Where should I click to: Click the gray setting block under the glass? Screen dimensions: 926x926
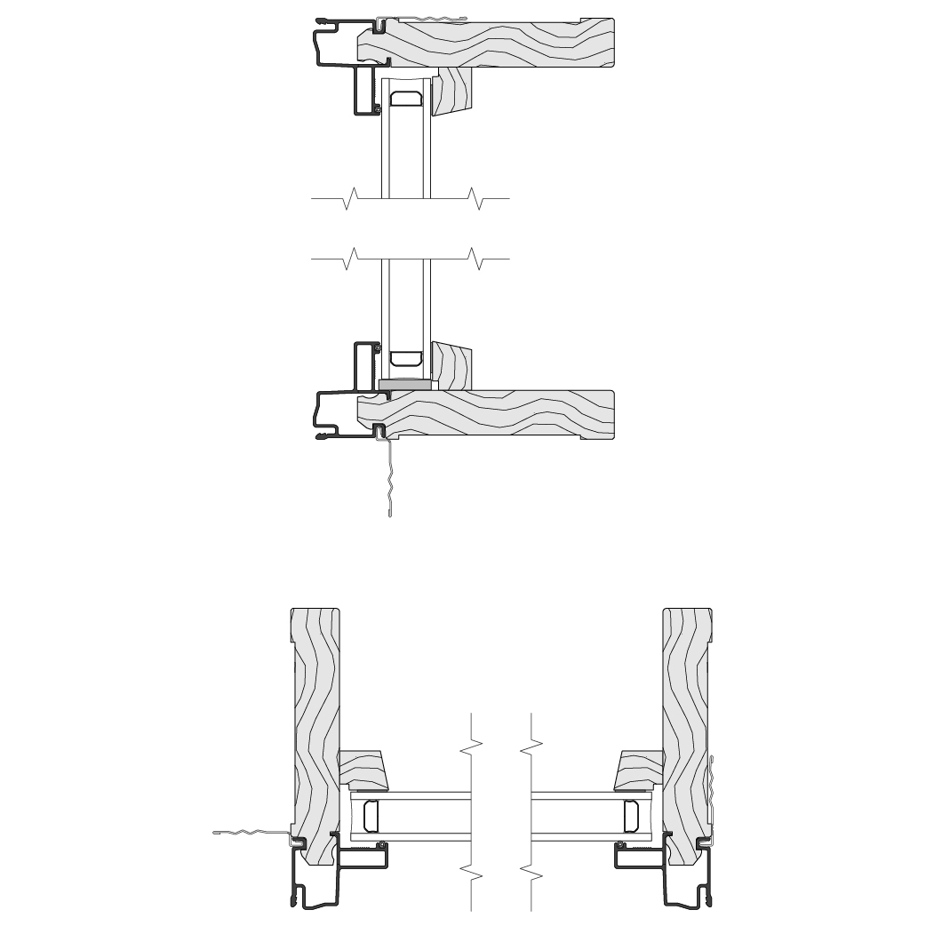coord(405,385)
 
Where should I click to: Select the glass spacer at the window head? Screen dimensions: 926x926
coord(407,98)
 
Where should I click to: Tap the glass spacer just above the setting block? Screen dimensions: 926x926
coord(406,358)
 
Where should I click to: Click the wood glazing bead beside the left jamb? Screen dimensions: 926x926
coord(366,770)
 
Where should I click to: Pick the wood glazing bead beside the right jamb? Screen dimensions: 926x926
coord(639,770)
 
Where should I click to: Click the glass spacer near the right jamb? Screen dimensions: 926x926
coord(632,815)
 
